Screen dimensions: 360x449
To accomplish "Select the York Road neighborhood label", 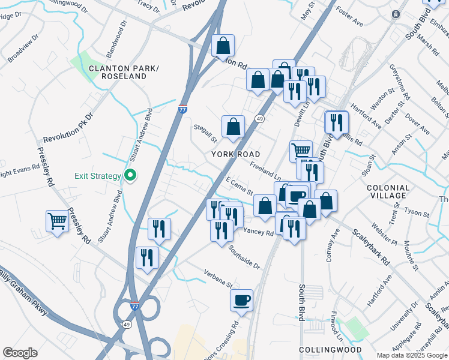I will (236, 154).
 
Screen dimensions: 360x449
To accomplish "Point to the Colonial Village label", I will (388, 192).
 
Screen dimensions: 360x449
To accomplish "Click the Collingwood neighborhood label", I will (330, 349).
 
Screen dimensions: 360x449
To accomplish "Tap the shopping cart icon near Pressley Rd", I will (57, 221).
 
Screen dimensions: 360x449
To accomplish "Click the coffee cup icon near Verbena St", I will (242, 300).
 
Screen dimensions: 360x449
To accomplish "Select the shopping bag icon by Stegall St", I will (233, 127).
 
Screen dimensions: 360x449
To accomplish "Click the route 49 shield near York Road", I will (260, 119).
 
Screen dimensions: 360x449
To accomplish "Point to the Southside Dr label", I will (244, 257).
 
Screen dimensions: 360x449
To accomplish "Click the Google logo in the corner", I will (20, 353).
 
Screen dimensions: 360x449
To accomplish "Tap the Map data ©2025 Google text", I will (412, 355).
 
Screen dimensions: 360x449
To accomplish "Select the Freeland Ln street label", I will (265, 172).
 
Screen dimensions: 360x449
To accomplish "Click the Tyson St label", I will (417, 212).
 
